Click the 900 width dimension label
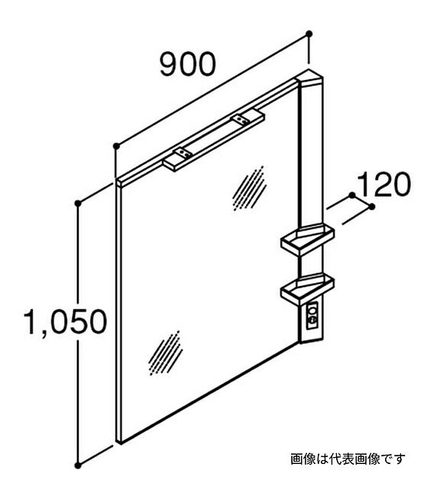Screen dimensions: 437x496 (x=188, y=64)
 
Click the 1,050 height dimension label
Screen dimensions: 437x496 (x=66, y=322)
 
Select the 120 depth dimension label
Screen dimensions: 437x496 (x=384, y=184)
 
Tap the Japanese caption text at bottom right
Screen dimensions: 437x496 (x=348, y=459)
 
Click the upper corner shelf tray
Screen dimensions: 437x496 (x=307, y=239)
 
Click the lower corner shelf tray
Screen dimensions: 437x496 (x=307, y=288)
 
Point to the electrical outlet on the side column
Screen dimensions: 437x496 (x=312, y=317)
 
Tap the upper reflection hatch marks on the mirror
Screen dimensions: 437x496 (x=249, y=188)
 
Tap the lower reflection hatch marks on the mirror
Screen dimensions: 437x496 (x=165, y=353)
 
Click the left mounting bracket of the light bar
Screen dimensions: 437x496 (x=183, y=153)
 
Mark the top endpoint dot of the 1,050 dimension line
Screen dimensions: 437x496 (x=78, y=203)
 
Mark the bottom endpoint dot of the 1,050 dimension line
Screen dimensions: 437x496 (x=78, y=465)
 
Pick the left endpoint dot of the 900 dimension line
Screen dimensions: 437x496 (x=116, y=146)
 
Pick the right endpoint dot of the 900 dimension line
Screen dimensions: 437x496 (x=309, y=34)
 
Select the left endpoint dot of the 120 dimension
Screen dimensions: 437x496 (x=352, y=195)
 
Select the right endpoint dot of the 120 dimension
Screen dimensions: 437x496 (x=372, y=207)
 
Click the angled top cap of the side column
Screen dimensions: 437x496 (x=309, y=77)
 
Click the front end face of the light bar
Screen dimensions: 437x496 (x=170, y=166)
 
